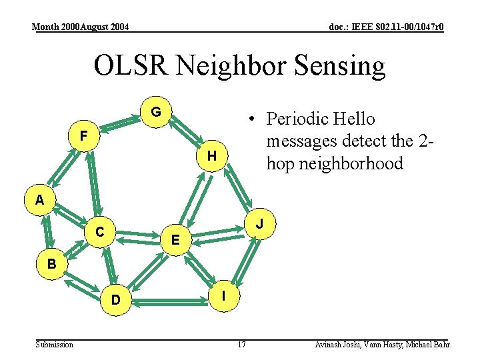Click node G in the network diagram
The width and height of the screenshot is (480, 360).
click(155, 111)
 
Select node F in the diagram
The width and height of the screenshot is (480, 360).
click(83, 136)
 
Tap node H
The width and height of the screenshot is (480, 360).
click(211, 156)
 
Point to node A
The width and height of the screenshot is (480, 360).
click(40, 199)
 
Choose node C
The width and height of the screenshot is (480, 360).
click(99, 232)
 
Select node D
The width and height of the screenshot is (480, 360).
click(116, 301)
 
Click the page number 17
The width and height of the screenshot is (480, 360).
click(241, 345)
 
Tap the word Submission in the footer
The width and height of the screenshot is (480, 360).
click(55, 345)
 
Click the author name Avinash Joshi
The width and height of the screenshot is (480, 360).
click(337, 345)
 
